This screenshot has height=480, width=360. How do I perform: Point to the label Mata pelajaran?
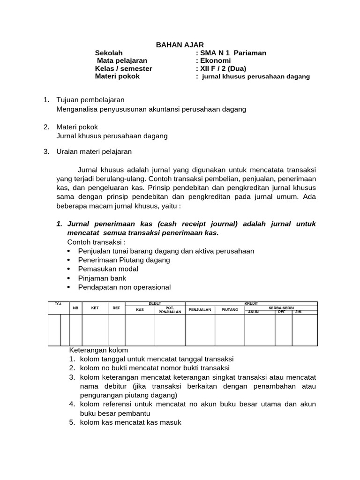122,60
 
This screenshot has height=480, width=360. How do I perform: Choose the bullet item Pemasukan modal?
108,269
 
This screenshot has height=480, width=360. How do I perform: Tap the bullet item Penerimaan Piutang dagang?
124,260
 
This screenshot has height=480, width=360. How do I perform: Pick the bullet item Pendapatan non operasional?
125,287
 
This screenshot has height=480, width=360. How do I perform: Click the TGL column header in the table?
59,304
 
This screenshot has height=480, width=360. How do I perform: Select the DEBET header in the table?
155,304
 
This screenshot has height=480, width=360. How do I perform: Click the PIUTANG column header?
230,309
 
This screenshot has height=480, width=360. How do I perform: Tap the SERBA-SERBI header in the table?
281,307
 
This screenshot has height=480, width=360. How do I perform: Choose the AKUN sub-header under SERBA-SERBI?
254,312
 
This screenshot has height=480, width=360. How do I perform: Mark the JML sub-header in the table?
299,312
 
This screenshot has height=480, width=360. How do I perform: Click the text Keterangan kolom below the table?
98,350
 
